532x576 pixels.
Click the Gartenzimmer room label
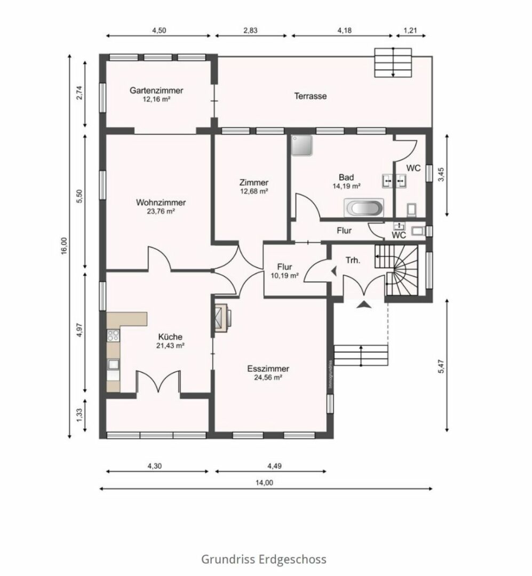click(156, 90)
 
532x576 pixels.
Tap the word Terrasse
click(311, 96)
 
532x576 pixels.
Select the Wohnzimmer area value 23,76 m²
click(161, 212)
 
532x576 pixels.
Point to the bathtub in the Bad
click(363, 208)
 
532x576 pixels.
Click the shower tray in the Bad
click(302, 146)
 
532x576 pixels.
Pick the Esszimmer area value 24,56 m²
click(268, 378)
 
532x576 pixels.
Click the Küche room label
click(170, 337)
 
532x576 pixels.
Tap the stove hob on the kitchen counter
click(113, 334)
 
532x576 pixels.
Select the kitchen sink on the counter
click(113, 364)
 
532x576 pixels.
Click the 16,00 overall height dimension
click(65, 246)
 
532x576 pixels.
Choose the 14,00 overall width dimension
click(264, 483)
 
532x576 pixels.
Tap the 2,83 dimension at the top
click(250, 30)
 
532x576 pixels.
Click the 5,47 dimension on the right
click(442, 366)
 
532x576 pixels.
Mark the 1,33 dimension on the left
click(80, 415)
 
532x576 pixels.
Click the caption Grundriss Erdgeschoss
click(264, 559)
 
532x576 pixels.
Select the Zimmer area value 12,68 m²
click(253, 191)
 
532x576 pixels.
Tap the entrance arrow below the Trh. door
click(364, 304)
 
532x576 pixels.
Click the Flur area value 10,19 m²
click(284, 276)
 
